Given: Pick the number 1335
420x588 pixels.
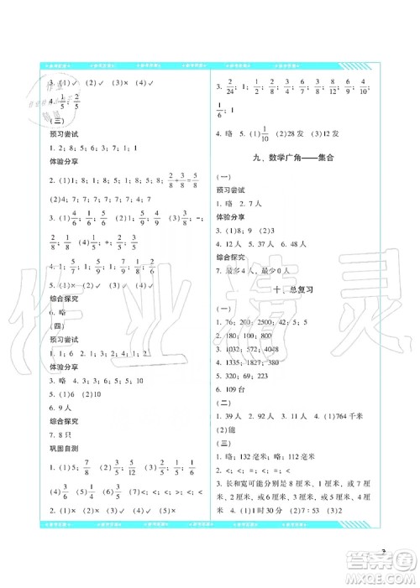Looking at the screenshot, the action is point(241,362).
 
